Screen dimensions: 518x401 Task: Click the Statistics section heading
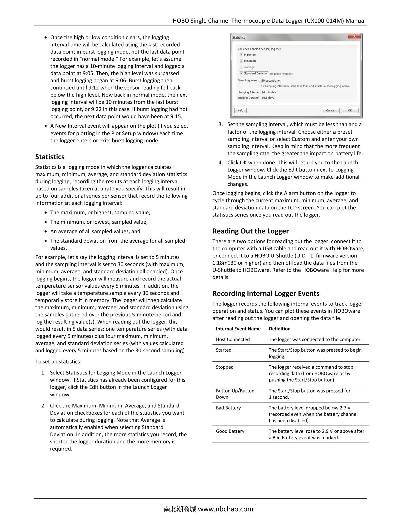point(50,157)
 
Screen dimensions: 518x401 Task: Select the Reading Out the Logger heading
point(250,231)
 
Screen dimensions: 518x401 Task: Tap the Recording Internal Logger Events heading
point(266,293)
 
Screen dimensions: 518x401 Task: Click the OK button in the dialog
point(350,110)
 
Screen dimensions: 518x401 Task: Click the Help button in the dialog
point(240,110)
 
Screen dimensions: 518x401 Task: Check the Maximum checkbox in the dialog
point(241,55)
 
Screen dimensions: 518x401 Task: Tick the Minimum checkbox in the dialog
point(241,61)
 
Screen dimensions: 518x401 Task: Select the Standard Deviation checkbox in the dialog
point(241,73)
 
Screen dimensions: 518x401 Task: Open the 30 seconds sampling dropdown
point(271,80)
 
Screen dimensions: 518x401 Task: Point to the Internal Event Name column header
point(238,329)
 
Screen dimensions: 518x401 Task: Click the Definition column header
point(280,329)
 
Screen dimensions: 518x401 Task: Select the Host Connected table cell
point(233,339)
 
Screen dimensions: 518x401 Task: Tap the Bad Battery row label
point(228,408)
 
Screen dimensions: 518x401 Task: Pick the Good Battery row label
point(230,431)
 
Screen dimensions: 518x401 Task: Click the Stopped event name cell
point(225,367)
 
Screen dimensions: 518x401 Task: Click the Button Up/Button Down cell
point(235,394)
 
